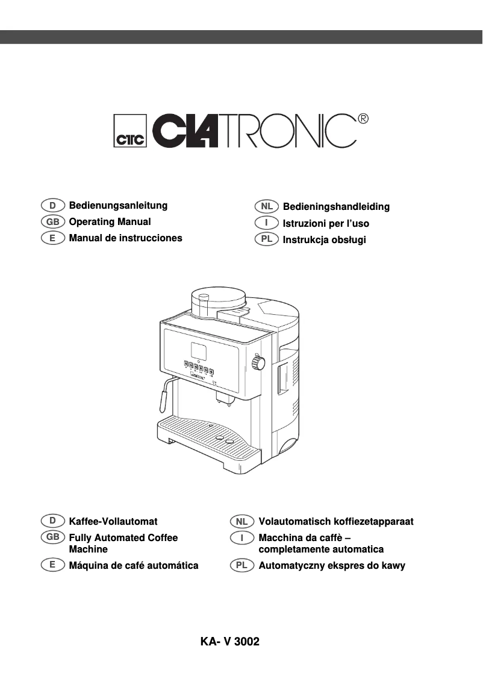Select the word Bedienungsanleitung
[118, 206]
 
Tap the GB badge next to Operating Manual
[53, 222]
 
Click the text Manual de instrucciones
[125, 238]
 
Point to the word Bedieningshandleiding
[336, 207]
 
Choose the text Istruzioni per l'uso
[326, 223]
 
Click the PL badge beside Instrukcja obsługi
[266, 239]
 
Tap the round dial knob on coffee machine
[258, 363]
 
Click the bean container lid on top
[217, 295]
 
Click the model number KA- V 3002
[230, 642]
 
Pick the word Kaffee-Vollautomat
[113, 521]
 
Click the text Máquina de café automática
[134, 566]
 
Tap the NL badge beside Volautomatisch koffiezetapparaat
[242, 521]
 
